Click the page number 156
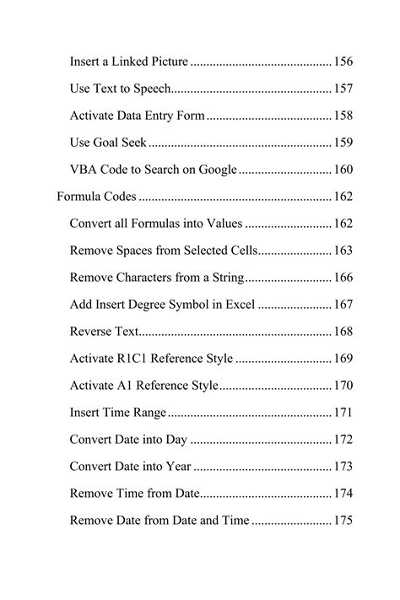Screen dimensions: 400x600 343,62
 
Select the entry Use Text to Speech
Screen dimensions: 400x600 121,89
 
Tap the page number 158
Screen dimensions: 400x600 343,116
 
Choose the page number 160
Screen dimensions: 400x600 343,170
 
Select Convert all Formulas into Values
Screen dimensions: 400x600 156,224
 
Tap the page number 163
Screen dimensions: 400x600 343,251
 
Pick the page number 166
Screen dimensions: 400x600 343,278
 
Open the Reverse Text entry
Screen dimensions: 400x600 103,332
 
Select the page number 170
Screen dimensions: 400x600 343,386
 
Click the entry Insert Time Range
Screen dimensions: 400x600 118,413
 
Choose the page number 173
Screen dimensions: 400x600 343,467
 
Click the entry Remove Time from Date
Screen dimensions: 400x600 134,494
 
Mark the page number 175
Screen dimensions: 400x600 343,521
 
